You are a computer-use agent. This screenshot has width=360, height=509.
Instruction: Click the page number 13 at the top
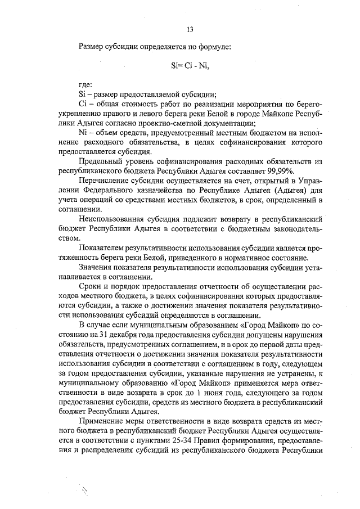point(190,30)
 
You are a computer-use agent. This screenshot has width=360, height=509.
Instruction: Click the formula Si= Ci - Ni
point(190,65)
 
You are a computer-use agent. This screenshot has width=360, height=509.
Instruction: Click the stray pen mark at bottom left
point(86,494)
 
